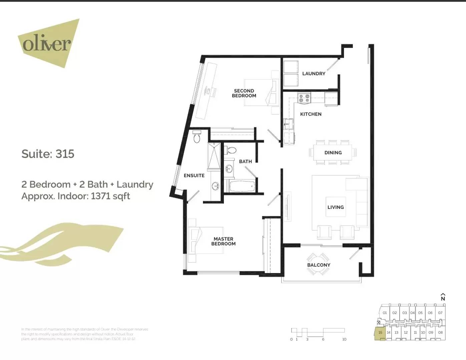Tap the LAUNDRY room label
[314, 74]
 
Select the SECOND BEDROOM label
[244, 93]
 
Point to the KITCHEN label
[311, 114]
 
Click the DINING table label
[333, 153]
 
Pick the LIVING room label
[335, 207]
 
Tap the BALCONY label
[319, 265]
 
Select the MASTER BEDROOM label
[223, 241]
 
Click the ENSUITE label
[194, 176]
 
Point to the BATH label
[245, 162]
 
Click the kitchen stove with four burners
[304, 98]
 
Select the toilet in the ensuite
[197, 137]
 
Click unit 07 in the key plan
[440, 313]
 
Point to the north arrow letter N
[443, 299]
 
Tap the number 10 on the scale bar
[344, 339]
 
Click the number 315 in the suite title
[65, 154]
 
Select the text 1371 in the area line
[100, 196]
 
